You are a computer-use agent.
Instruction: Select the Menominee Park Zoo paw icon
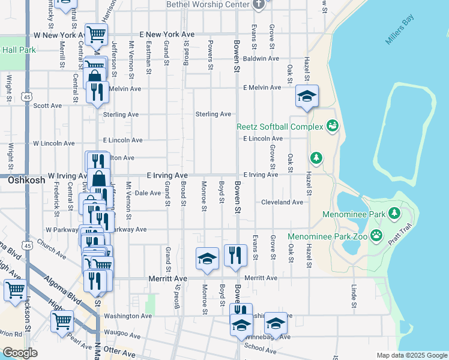pos(376,235)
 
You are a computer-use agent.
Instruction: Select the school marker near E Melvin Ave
pos(307,96)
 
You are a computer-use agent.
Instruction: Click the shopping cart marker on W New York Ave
pos(96,34)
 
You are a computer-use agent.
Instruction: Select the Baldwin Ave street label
pos(261,59)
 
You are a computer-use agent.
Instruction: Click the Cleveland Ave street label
pos(282,202)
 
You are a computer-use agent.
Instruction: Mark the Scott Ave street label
pos(47,106)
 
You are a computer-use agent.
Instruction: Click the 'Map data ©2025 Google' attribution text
pos(412,355)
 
